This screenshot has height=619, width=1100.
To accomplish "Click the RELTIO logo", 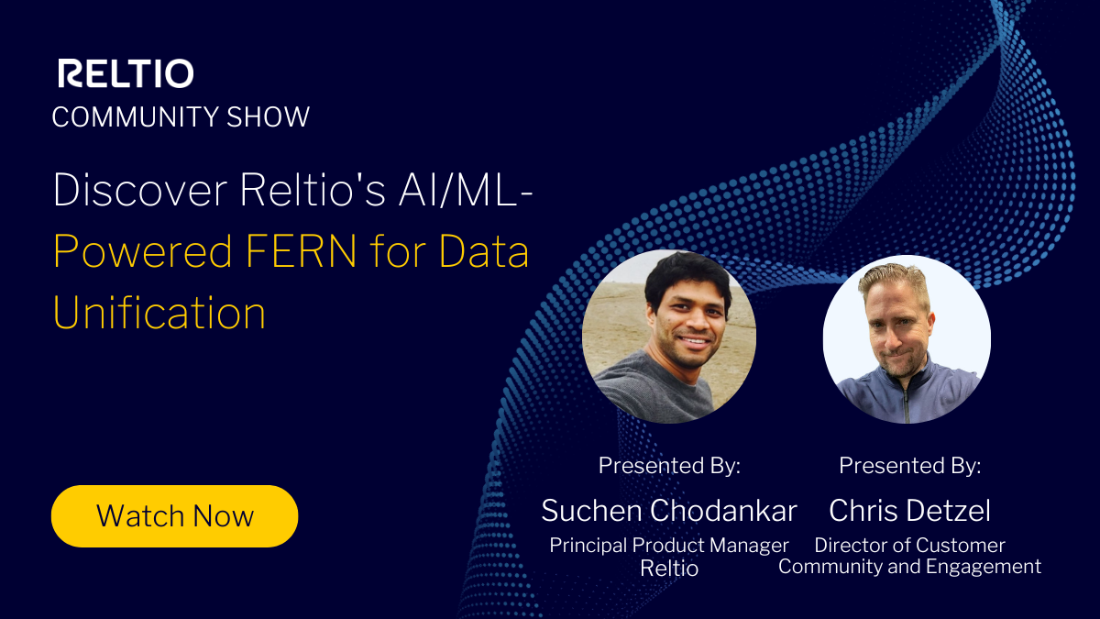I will [x=126, y=73].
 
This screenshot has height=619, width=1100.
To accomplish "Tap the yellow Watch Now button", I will [x=174, y=515].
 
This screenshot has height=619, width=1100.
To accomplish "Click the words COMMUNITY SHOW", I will [x=181, y=117].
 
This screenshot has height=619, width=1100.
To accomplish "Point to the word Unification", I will [x=159, y=312].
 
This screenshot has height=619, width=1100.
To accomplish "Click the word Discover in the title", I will [x=140, y=191].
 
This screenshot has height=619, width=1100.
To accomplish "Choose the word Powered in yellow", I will [x=144, y=251].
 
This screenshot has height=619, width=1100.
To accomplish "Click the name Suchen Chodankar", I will [x=669, y=510].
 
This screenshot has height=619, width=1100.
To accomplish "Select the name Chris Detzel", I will [x=909, y=510].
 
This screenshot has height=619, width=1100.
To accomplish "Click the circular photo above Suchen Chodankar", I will [x=669, y=336].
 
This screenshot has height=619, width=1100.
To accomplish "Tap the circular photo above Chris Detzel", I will [x=907, y=339].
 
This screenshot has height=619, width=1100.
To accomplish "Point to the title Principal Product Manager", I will [x=669, y=545].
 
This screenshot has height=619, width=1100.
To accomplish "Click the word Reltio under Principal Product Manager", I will [x=669, y=568].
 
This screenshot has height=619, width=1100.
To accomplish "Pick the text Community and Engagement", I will [x=909, y=566].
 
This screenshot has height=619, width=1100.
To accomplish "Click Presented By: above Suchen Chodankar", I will [x=669, y=465].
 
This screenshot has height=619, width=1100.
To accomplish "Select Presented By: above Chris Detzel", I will [x=909, y=465].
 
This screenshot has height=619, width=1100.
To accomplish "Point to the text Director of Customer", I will [x=909, y=545].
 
